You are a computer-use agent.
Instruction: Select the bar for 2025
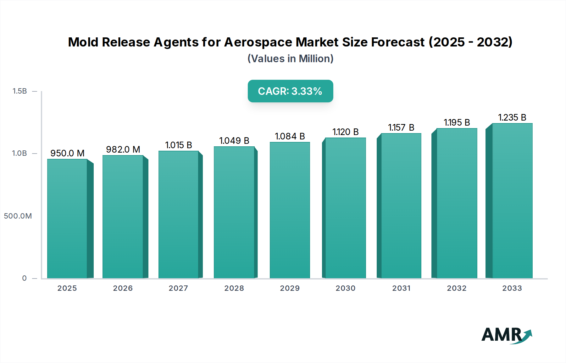67,219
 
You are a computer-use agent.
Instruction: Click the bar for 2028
234,212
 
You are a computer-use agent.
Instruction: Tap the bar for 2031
401,206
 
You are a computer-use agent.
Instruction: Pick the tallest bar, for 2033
512,201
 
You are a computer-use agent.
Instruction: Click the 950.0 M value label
67,153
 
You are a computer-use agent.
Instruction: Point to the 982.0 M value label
123,149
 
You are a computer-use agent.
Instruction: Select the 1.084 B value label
290,136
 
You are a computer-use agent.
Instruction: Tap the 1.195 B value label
457,122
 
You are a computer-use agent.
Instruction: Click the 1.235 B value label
512,117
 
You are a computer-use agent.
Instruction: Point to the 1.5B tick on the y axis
19,91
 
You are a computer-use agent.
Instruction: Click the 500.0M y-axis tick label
18,216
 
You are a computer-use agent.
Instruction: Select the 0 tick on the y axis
24,278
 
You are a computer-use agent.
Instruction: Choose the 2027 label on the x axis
178,288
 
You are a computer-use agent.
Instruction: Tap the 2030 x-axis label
345,288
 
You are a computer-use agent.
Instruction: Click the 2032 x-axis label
457,288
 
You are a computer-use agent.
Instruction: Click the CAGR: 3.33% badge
290,91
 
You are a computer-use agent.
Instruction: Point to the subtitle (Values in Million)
290,59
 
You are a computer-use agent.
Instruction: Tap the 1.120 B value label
345,132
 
